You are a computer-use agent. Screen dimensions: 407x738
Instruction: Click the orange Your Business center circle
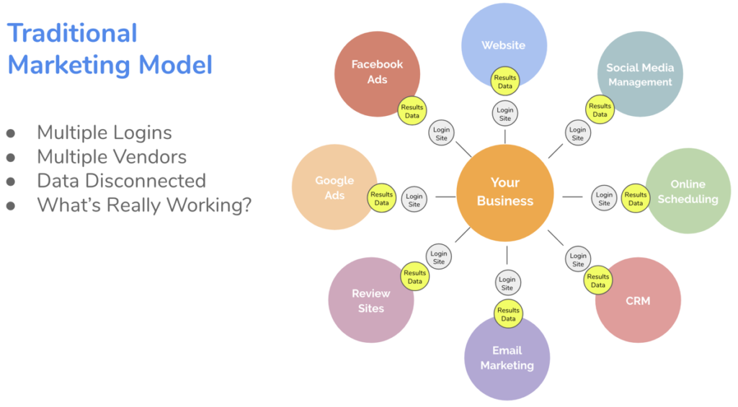pyautogui.click(x=504, y=192)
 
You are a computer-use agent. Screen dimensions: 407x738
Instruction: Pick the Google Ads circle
pyautogui.click(x=334, y=187)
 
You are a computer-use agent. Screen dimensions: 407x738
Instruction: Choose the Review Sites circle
pyautogui.click(x=370, y=300)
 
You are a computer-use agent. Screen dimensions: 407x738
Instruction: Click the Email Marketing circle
pyautogui.click(x=507, y=358)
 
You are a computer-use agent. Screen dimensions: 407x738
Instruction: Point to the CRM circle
pyautogui.click(x=638, y=301)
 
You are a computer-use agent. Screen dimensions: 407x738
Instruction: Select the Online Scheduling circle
pyautogui.click(x=688, y=191)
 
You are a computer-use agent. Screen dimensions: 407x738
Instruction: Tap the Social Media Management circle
pyautogui.click(x=639, y=74)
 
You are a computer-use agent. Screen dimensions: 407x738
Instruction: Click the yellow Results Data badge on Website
pyautogui.click(x=505, y=82)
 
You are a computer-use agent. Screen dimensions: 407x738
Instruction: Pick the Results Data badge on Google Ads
pyautogui.click(x=382, y=198)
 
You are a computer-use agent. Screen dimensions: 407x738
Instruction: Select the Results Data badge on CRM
pyautogui.click(x=598, y=280)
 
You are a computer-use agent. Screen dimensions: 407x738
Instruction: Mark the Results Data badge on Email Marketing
pyautogui.click(x=508, y=314)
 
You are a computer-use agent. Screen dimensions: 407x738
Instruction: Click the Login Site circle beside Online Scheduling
pyautogui.click(x=605, y=198)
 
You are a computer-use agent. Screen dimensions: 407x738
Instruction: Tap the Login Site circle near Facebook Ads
pyautogui.click(x=441, y=133)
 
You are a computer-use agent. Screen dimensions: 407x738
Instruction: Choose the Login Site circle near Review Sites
pyautogui.click(x=439, y=258)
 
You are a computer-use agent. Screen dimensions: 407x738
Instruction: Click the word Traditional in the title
pyautogui.click(x=72, y=33)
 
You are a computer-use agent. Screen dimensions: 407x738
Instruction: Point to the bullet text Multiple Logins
pyautogui.click(x=105, y=133)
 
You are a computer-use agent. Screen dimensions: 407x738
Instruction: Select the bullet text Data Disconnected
pyautogui.click(x=121, y=180)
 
